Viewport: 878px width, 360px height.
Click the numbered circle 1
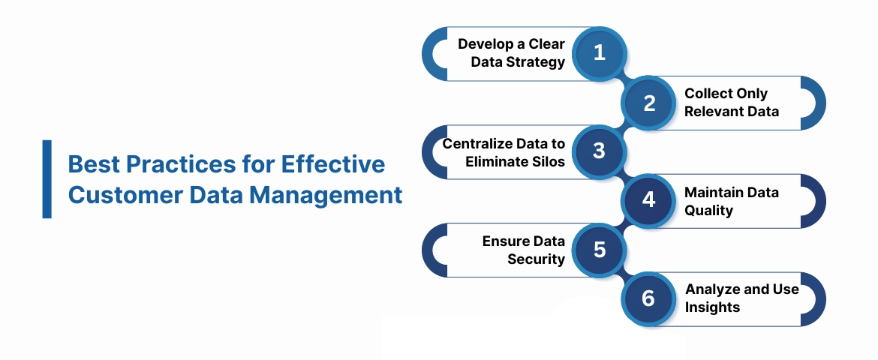click(x=599, y=53)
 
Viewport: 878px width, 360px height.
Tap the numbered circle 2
click(x=649, y=103)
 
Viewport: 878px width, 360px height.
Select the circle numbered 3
click(x=599, y=151)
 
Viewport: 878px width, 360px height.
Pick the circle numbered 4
click(x=649, y=201)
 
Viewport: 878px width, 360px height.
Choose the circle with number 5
click(x=599, y=250)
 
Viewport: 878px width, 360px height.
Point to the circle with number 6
click(x=649, y=299)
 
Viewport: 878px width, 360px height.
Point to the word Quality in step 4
click(x=708, y=211)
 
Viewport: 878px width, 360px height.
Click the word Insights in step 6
click(x=712, y=307)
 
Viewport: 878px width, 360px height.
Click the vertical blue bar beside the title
click(x=47, y=179)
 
